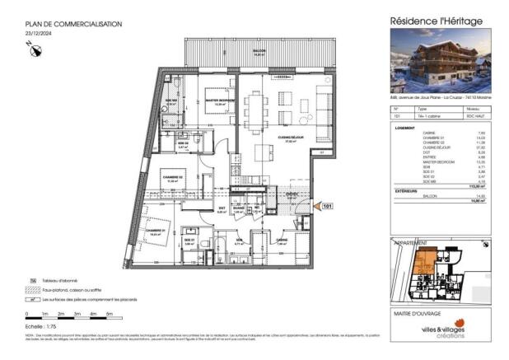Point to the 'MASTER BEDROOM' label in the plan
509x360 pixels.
(x=220, y=100)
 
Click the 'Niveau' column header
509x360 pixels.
(x=472, y=109)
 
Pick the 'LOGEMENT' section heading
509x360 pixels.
(x=405, y=128)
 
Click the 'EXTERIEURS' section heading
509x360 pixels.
(x=407, y=190)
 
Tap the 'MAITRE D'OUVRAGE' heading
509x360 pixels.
(x=414, y=311)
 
